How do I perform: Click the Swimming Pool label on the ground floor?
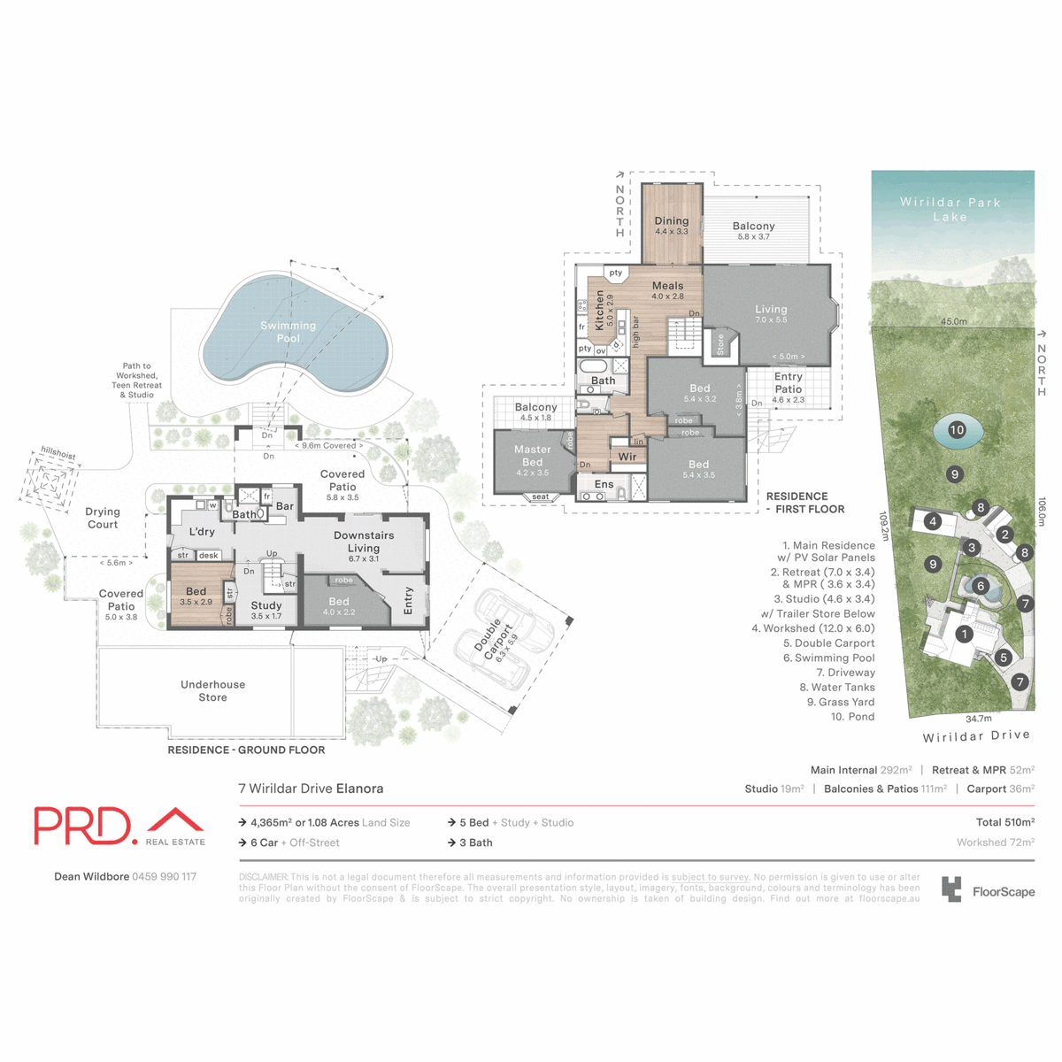[x=288, y=331]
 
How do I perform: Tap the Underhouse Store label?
[x=212, y=690]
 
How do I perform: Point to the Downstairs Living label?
[x=364, y=542]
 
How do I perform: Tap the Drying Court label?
[x=103, y=518]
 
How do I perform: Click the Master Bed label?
[x=532, y=456]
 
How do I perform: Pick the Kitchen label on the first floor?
[x=599, y=310]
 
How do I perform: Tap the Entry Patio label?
[x=788, y=382]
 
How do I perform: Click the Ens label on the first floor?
[x=604, y=484]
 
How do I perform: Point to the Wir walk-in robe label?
[x=627, y=457]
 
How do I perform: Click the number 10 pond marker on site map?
[x=957, y=430]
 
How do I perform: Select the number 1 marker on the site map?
[x=964, y=634]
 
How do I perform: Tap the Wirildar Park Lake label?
[x=950, y=209]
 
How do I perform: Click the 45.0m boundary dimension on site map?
[x=953, y=321]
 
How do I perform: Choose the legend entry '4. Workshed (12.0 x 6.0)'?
[x=813, y=628]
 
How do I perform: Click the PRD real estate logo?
[x=119, y=827]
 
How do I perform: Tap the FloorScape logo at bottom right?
[x=988, y=890]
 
